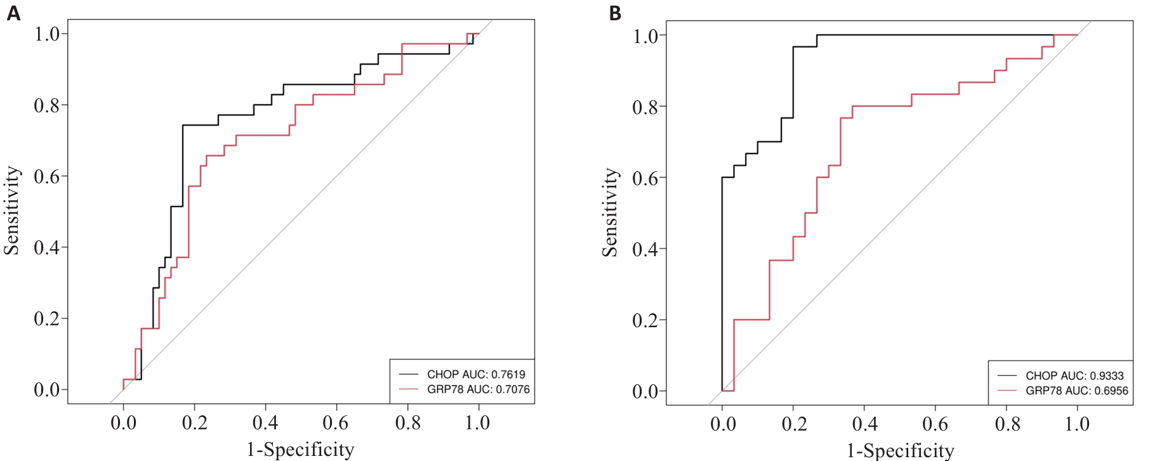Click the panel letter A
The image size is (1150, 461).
pyautogui.click(x=13, y=13)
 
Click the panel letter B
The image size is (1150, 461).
pyautogui.click(x=614, y=13)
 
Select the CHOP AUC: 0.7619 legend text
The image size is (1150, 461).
pyautogui.click(x=476, y=374)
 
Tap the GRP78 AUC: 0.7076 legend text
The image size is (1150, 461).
pyautogui.click(x=478, y=389)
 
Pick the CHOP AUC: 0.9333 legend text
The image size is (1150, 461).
pyautogui.click(x=1074, y=375)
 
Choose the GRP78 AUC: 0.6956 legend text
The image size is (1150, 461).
pyautogui.click(x=1077, y=391)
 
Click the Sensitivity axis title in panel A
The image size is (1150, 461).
pyautogui.click(x=12, y=211)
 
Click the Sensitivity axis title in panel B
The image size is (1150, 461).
pyautogui.click(x=611, y=212)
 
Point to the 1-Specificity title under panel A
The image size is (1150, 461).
pyautogui.click(x=300, y=450)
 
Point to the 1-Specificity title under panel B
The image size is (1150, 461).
pyautogui.click(x=900, y=451)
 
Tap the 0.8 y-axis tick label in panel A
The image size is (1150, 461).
pyautogui.click(x=46, y=105)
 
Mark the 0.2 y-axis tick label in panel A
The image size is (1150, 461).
pyautogui.click(x=46, y=319)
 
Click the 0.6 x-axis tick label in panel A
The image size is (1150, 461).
pyautogui.click(x=336, y=423)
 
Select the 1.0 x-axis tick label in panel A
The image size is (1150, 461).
pyautogui.click(x=477, y=423)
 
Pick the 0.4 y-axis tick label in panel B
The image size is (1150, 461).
pyautogui.click(x=645, y=249)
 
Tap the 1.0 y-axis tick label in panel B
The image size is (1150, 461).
pyautogui.click(x=645, y=36)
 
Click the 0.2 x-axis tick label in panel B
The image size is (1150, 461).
pyautogui.click(x=793, y=424)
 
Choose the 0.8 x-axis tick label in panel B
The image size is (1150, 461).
pyautogui.click(x=1007, y=424)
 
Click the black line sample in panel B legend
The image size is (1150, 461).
pyautogui.click(x=1007, y=375)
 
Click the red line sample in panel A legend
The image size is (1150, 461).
pyautogui.click(x=409, y=389)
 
